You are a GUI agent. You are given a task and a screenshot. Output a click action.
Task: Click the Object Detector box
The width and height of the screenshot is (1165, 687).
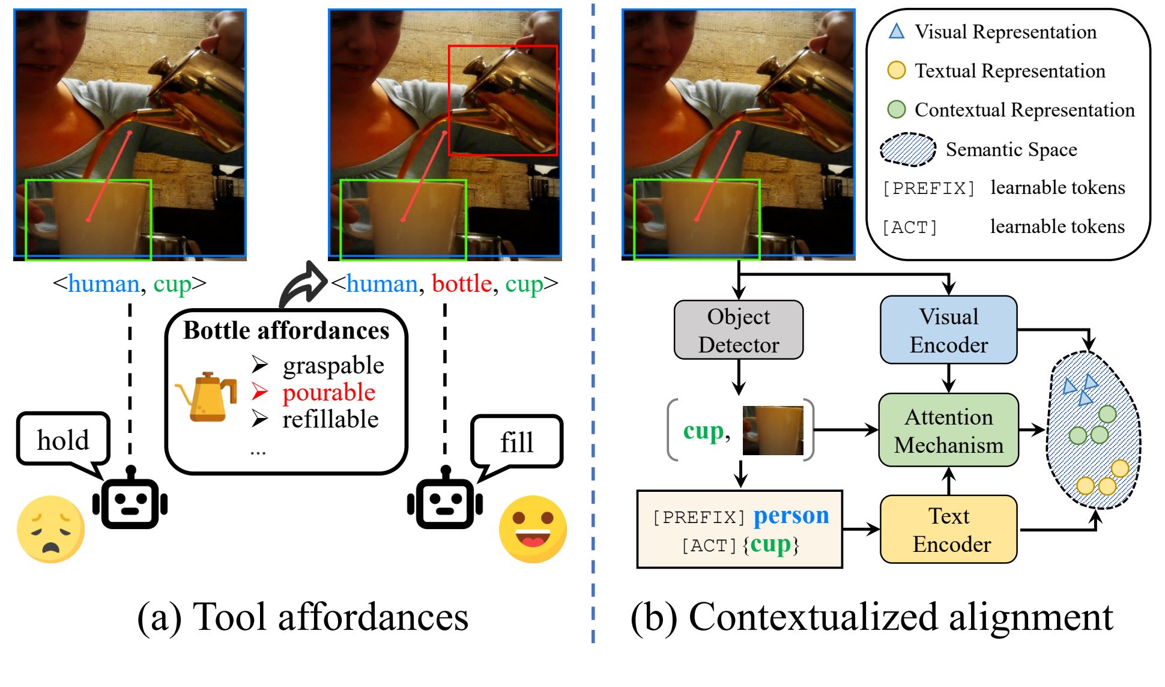click(738, 330)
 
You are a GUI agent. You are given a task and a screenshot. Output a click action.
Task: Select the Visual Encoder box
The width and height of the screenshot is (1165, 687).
click(948, 330)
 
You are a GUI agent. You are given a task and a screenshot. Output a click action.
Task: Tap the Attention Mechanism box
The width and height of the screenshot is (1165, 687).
click(948, 430)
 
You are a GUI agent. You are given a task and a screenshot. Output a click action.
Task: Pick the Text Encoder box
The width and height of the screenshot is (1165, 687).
click(948, 529)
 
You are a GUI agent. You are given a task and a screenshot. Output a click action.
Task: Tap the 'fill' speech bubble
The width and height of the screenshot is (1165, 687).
click(516, 442)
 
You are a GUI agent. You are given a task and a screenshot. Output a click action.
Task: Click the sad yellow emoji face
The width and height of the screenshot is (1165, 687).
click(50, 528)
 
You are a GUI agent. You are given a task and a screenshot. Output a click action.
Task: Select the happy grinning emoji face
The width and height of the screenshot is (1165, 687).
click(533, 528)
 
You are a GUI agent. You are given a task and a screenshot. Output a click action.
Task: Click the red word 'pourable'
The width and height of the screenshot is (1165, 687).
click(328, 392)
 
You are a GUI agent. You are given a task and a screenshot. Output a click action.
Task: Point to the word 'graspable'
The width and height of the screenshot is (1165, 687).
click(333, 365)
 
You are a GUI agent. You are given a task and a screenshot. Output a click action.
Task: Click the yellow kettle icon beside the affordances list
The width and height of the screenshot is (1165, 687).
click(206, 396)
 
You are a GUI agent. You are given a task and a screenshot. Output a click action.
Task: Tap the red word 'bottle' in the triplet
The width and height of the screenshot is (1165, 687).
click(461, 283)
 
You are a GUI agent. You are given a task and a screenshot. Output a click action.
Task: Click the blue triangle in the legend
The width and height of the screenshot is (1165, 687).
click(896, 31)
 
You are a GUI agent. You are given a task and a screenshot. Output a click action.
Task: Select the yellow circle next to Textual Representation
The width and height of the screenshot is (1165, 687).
click(896, 70)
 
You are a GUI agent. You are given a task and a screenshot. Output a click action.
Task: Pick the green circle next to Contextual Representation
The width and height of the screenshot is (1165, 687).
click(896, 109)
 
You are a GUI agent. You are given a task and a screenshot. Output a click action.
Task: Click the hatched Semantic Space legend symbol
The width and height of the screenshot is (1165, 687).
click(907, 150)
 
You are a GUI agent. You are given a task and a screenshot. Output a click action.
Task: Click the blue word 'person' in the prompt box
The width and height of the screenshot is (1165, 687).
click(791, 516)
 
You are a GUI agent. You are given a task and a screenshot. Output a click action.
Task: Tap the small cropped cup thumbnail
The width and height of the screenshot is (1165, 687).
click(772, 430)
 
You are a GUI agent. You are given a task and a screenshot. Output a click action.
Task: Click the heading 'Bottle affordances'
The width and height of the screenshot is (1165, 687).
click(286, 330)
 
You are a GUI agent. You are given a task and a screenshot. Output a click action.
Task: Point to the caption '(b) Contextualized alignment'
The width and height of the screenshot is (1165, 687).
click(871, 617)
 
